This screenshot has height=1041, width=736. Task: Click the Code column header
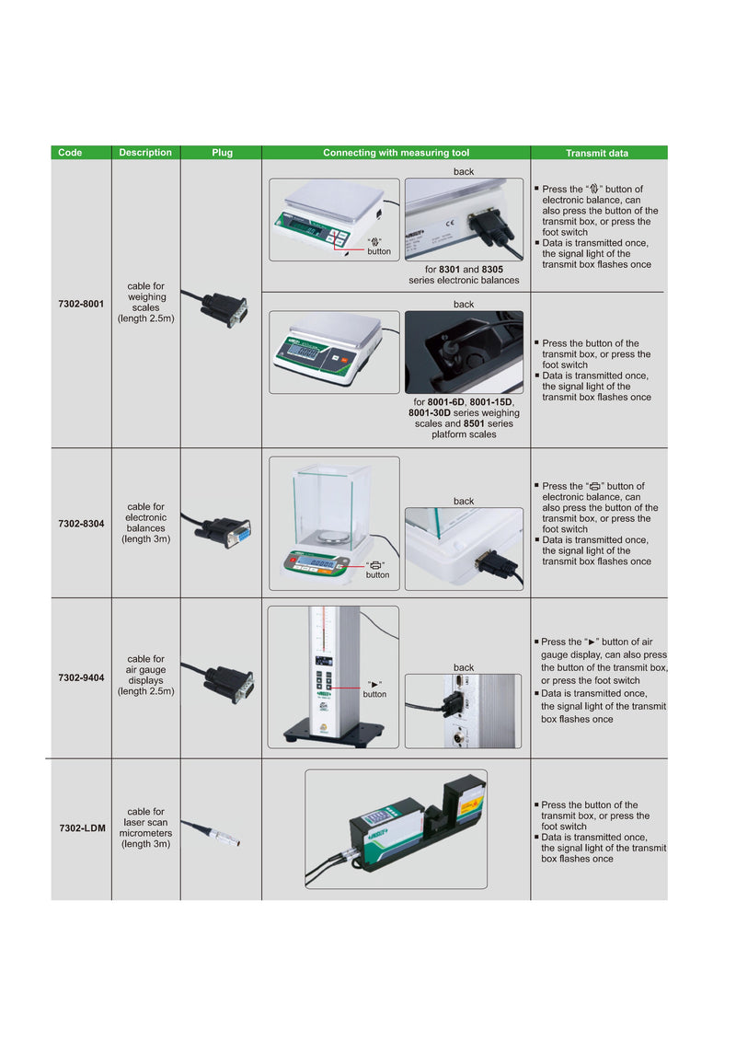click(x=70, y=153)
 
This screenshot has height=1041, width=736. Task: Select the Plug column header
click(x=222, y=153)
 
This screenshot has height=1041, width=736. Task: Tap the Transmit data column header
click(x=597, y=153)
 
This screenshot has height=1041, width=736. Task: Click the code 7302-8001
click(x=81, y=303)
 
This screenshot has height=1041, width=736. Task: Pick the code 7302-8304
click(x=81, y=523)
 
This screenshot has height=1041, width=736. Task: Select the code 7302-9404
click(x=81, y=677)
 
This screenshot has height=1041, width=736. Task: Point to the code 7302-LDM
click(x=82, y=827)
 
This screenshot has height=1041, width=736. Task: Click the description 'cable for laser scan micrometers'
click(x=145, y=827)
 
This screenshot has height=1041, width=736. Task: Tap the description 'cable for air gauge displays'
click(x=145, y=676)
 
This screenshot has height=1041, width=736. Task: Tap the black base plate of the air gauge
click(x=332, y=733)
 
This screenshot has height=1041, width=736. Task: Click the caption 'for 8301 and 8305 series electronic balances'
click(x=464, y=274)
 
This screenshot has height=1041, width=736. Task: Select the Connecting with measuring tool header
click(x=396, y=153)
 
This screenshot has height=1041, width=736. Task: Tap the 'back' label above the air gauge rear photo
click(x=464, y=667)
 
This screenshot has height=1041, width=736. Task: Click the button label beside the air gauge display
click(x=374, y=689)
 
